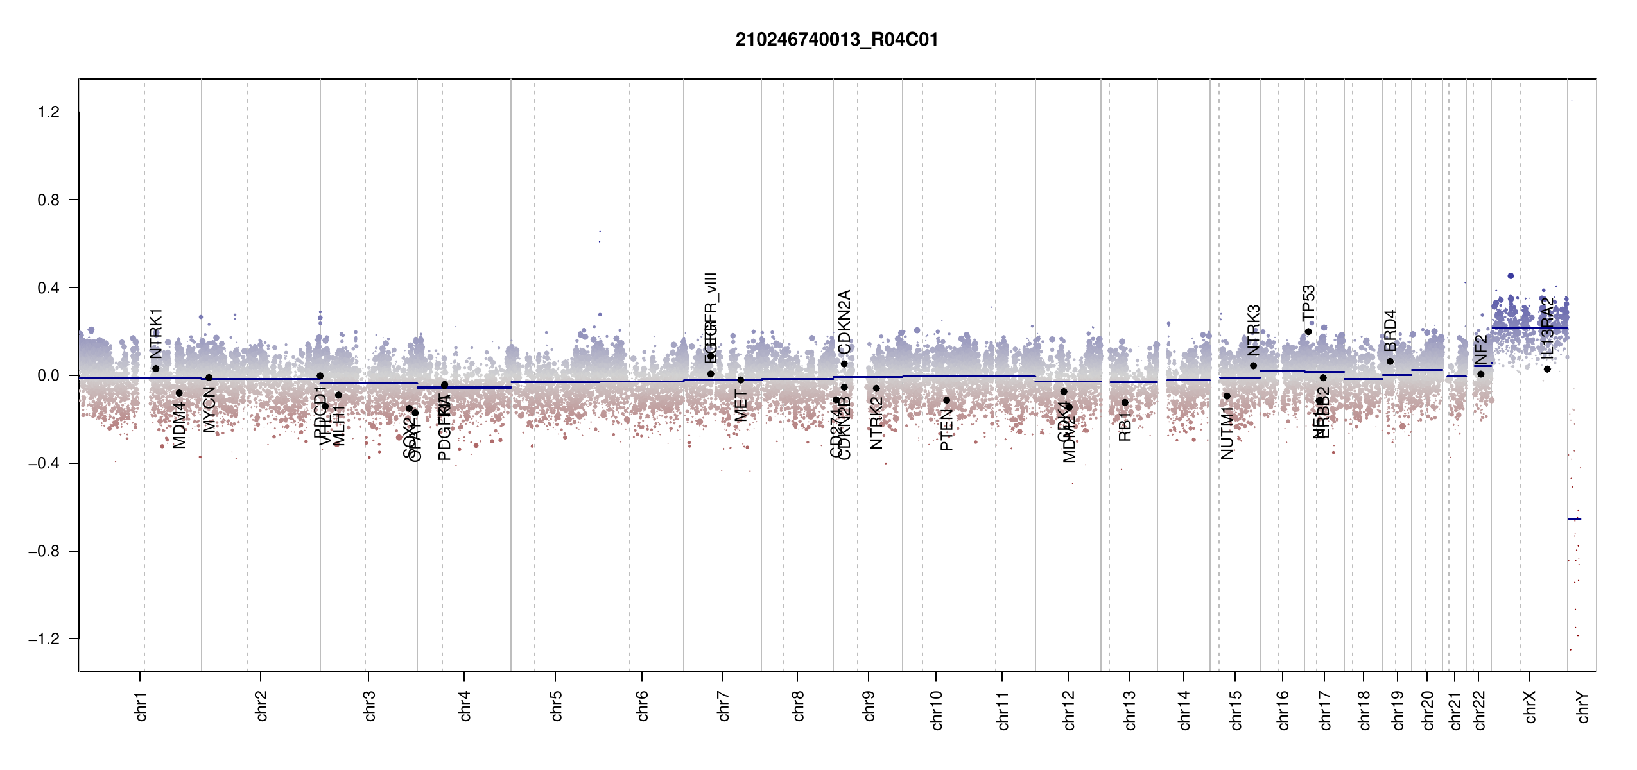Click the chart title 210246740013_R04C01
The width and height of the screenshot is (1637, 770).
pos(836,40)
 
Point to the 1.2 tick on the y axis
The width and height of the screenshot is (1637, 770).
pos(48,112)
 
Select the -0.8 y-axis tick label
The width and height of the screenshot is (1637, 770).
pos(44,551)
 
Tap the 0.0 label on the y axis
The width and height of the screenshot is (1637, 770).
pos(48,375)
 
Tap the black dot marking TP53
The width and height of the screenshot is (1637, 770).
pos(1308,332)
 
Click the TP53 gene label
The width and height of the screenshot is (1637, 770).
pos(1308,303)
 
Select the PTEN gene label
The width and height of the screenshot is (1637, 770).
pos(946,430)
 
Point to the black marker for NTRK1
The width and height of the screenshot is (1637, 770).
pos(155,368)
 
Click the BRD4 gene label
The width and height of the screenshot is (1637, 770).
pos(1390,330)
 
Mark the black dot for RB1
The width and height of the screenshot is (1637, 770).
pos(1125,402)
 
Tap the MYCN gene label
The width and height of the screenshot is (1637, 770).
pos(209,409)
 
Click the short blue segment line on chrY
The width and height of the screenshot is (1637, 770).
pos(1574,519)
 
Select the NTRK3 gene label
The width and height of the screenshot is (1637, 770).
pos(1253,330)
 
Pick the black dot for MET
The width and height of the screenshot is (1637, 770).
pos(741,380)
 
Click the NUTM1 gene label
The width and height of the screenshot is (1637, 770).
pos(1227,433)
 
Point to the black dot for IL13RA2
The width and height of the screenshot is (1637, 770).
pos(1547,369)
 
